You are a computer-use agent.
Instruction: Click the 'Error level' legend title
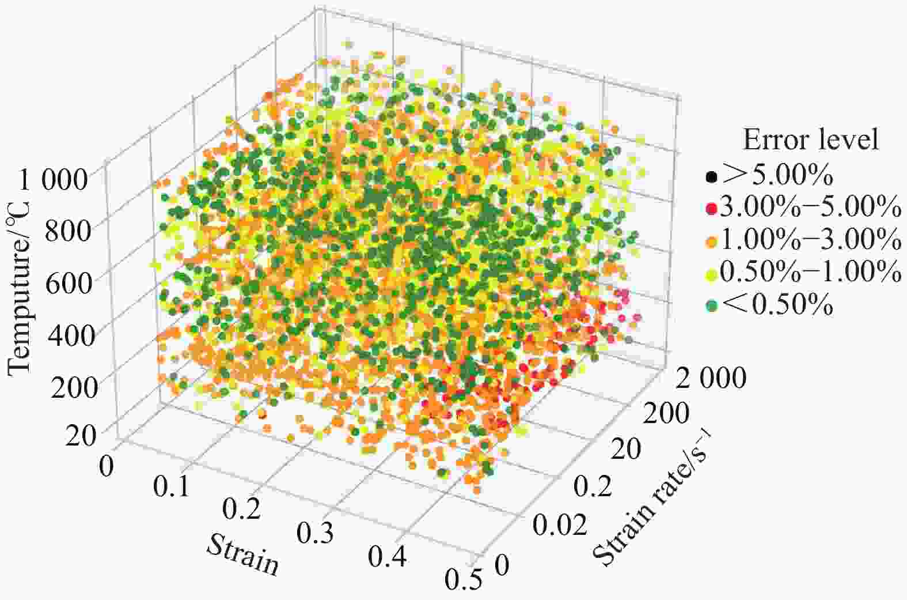[811, 140]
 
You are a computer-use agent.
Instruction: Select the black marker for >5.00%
[712, 177]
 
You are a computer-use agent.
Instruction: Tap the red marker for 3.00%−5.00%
[712, 208]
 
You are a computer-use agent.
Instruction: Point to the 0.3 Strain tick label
[316, 534]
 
